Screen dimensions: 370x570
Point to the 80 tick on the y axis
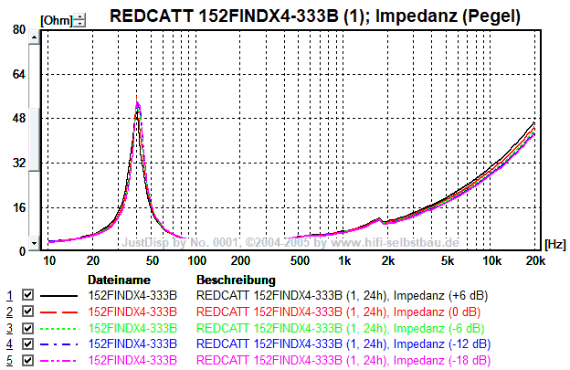[18, 29]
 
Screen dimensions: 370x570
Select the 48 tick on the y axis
[18, 118]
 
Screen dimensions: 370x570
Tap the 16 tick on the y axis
[18, 206]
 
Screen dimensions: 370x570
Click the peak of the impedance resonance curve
[137, 103]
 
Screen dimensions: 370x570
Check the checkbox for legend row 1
[27, 296]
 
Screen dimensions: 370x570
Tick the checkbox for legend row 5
[27, 361]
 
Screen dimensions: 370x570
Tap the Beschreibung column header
[236, 280]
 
